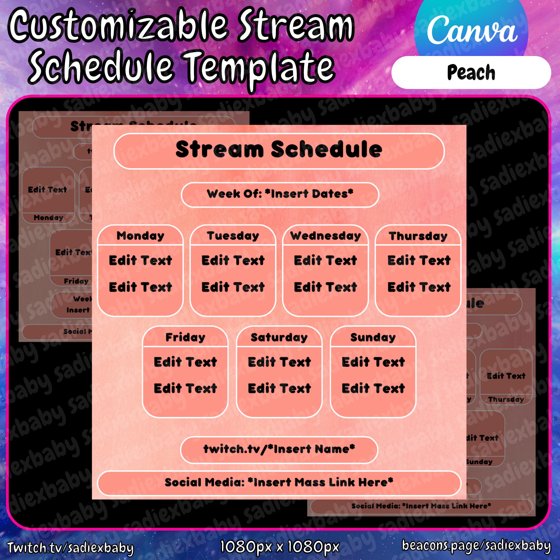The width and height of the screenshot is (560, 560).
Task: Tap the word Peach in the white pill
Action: [x=471, y=73]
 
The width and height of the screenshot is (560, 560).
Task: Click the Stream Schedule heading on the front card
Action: [x=279, y=150]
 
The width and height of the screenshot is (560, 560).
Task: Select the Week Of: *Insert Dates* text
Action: [x=280, y=194]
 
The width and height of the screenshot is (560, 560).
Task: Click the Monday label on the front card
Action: [x=141, y=236]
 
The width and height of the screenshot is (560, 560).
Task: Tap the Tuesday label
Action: [x=233, y=236]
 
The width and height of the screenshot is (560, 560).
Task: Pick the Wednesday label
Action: [x=326, y=236]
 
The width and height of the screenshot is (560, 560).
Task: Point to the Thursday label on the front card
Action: [x=418, y=236]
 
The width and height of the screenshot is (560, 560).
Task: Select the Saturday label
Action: [x=279, y=337]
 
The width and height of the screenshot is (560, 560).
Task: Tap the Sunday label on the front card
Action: [x=373, y=337]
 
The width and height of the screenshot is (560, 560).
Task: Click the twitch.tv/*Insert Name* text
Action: [x=279, y=449]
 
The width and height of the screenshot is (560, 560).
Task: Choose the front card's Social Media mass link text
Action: [x=279, y=482]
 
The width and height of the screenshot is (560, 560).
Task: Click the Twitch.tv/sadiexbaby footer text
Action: [x=71, y=547]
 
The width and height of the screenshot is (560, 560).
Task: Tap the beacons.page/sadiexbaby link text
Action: [x=476, y=545]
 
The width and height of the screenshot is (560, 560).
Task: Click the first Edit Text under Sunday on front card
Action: [x=373, y=362]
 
